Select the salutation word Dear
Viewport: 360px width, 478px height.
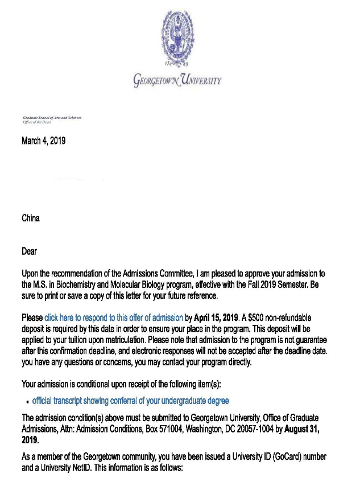(x=29, y=250)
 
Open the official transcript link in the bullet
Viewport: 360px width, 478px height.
(x=130, y=401)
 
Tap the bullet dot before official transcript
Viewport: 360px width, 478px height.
(x=27, y=402)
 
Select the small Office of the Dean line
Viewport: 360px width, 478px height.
(x=37, y=122)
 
